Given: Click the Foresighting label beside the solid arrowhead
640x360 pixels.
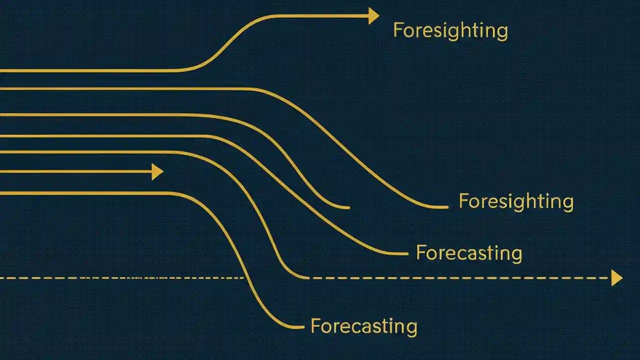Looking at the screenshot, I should coord(450,30).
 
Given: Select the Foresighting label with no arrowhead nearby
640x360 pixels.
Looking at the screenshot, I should coord(515,201).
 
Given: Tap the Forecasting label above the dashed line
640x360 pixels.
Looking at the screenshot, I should coord(468,253).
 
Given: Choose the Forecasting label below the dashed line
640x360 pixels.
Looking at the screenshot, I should coord(363,326).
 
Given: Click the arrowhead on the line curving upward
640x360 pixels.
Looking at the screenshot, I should coord(373,16).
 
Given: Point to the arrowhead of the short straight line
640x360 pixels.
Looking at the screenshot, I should coord(157,172).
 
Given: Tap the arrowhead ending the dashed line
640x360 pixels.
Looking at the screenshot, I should coord(616,277).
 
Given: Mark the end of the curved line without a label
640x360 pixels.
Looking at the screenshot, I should coord(348,207).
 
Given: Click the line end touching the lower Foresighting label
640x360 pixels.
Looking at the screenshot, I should coord(446,207).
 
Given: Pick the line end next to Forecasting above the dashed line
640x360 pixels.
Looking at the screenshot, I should coord(406,254).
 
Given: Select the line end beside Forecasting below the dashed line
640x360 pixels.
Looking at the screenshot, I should coord(302,327).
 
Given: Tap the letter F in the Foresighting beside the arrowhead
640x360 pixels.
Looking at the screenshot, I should coord(397,30).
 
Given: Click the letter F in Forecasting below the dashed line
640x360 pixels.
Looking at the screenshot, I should coord(315,326).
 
